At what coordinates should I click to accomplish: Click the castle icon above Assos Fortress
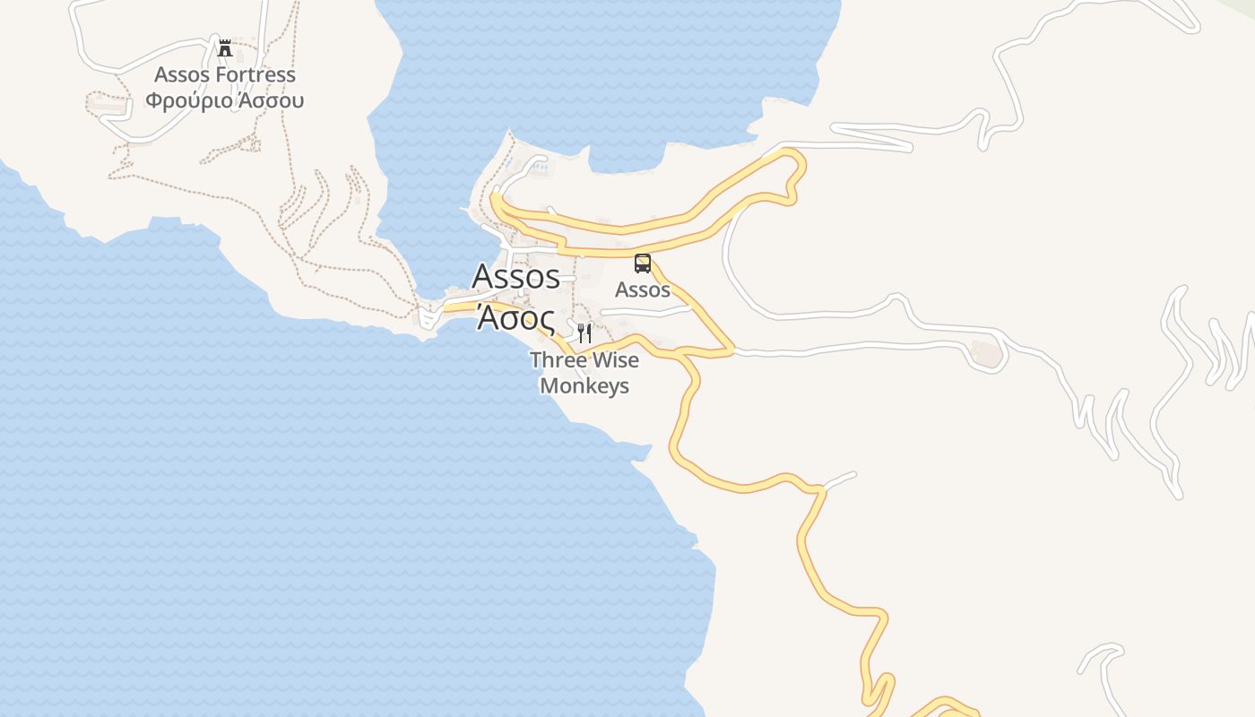(225, 48)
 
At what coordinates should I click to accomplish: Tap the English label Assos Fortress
(225, 74)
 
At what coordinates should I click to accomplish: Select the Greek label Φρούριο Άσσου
(225, 99)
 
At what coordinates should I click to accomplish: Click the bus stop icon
(643, 263)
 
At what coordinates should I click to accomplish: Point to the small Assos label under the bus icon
(643, 289)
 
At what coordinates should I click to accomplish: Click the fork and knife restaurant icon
(584, 333)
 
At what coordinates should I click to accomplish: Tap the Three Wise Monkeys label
(584, 373)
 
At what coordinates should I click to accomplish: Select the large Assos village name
(516, 277)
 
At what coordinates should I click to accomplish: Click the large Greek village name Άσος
(515, 316)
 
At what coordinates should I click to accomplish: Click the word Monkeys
(584, 386)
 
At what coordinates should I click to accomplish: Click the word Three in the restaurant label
(554, 360)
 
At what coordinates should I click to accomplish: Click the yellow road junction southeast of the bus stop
(731, 350)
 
